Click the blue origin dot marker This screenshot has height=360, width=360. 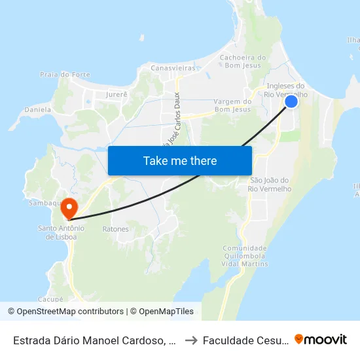(x=291, y=101)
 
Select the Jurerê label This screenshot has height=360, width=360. (x=115, y=94)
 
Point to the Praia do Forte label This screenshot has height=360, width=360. (x=65, y=75)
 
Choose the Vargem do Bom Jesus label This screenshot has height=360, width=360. (x=232, y=105)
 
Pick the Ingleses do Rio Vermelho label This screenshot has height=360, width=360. (x=286, y=90)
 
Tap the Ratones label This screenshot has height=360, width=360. (x=115, y=229)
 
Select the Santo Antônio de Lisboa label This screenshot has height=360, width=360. (x=62, y=232)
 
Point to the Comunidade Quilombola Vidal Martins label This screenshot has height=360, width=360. (x=245, y=256)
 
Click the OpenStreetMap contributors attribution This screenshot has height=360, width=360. (x=70, y=312)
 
